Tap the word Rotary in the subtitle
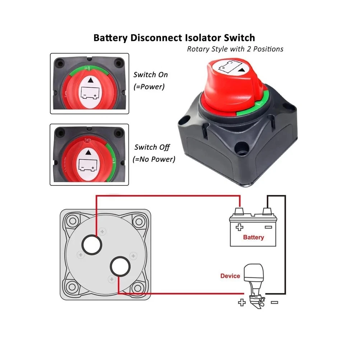tap(198, 49)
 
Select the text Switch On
tap(151, 75)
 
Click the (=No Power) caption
tap(154, 159)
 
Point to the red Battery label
tap(253, 237)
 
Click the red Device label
tap(230, 276)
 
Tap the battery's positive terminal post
tap(238, 211)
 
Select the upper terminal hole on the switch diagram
tap(92, 245)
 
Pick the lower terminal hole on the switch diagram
tap(120, 267)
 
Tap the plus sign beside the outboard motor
tap(241, 303)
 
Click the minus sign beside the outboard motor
tap(274, 303)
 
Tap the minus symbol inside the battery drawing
tap(268, 227)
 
